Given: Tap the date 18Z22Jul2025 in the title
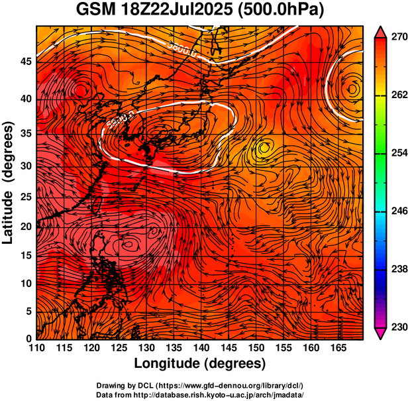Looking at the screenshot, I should pos(183,11).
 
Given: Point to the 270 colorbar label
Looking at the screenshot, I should pos(397,38).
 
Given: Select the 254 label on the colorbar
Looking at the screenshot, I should pos(397,153).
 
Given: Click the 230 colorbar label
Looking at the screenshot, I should pos(397,327).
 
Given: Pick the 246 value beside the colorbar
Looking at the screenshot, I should pos(397,211).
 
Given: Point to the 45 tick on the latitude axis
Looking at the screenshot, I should pos(25,61).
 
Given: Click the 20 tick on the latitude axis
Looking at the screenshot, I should pos(25,227).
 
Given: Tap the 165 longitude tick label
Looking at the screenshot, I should pos(336,348).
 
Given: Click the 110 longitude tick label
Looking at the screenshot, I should pos(37,348).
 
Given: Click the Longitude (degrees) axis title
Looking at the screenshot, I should pos(200,364).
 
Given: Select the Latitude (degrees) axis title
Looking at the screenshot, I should pos(9,182).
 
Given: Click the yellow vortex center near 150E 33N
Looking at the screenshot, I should pos(264,147).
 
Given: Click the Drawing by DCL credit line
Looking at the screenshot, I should pos(200,386).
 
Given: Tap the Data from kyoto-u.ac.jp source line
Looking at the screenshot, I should pos(200,394).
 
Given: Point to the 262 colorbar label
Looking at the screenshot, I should pos(397,95).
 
